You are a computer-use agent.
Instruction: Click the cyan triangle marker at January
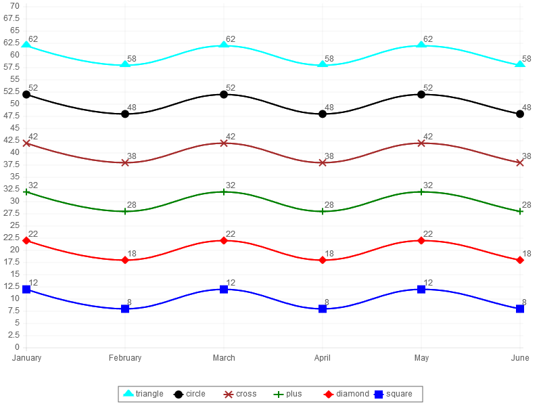click(x=26, y=45)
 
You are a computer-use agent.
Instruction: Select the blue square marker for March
click(x=224, y=289)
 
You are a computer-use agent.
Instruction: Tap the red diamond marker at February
click(x=125, y=260)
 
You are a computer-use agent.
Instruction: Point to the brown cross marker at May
click(x=421, y=143)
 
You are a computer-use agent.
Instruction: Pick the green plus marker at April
click(x=323, y=211)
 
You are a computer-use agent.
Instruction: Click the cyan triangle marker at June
click(x=520, y=64)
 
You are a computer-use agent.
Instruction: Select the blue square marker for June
click(x=520, y=309)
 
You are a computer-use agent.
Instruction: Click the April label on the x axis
click(x=323, y=358)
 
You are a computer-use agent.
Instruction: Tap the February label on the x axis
click(x=125, y=358)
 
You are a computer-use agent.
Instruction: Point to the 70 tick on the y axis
click(x=15, y=6)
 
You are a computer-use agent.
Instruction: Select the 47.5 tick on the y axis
click(x=11, y=116)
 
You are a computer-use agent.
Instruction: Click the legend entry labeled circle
click(x=195, y=394)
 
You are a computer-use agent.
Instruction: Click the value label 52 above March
click(x=231, y=88)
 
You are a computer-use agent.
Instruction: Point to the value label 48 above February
click(x=132, y=108)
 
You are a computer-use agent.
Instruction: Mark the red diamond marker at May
click(x=421, y=240)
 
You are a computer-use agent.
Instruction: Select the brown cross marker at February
click(x=125, y=162)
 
